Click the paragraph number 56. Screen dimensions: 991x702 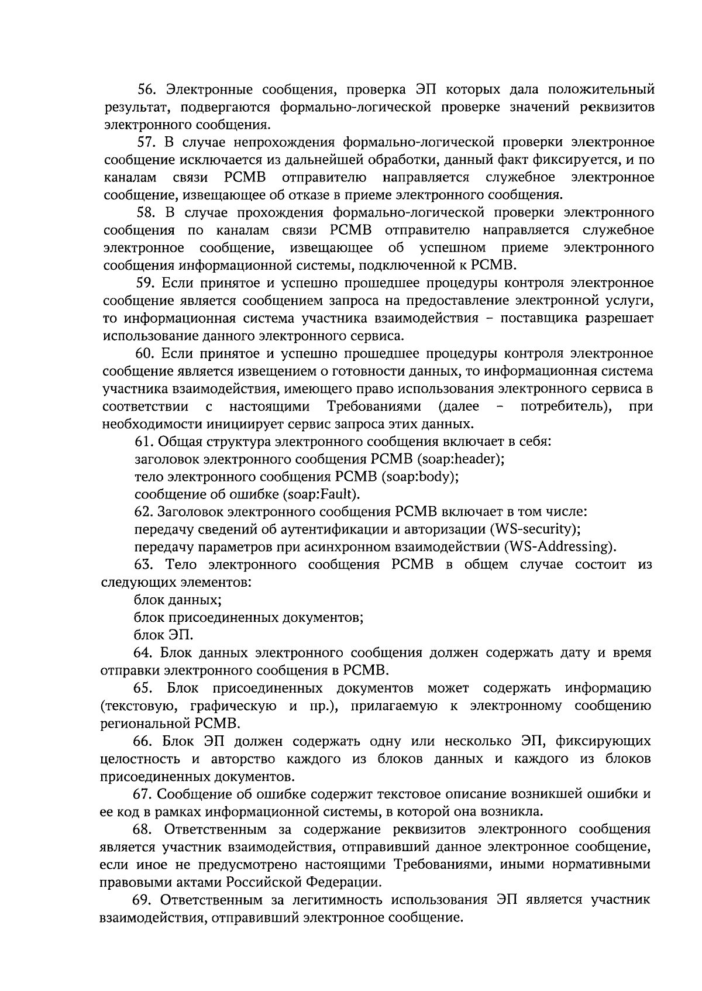click(x=145, y=90)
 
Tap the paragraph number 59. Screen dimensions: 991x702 click(x=145, y=283)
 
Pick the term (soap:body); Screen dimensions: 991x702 click(x=419, y=477)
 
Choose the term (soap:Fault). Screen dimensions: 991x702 click(x=321, y=494)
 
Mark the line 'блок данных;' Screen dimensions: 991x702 click(x=177, y=600)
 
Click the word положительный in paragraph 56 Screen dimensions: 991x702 click(x=601, y=90)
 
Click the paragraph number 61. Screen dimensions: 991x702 click(x=144, y=442)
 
